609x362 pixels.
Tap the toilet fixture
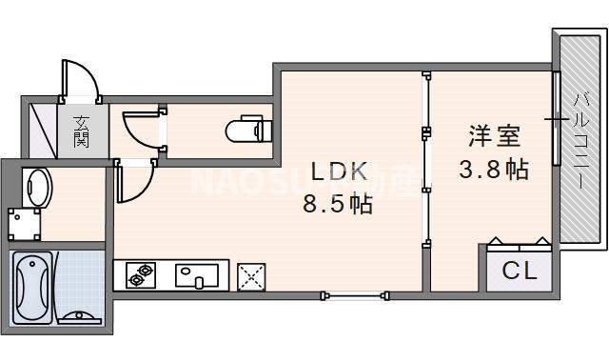[250, 129]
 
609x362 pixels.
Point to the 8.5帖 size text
[337, 203]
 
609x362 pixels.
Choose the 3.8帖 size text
[493, 169]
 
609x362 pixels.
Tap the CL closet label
[520, 271]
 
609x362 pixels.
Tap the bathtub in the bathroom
[33, 285]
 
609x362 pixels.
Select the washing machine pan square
[24, 223]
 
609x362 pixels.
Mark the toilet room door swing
[141, 129]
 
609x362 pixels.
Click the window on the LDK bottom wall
[354, 294]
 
